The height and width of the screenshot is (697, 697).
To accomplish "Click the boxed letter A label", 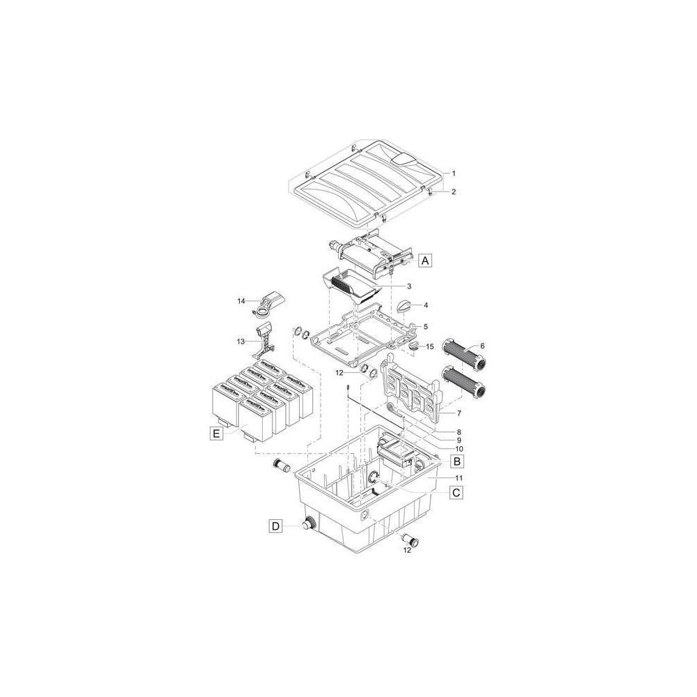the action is (x=425, y=260).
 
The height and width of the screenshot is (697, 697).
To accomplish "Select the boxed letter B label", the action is (x=457, y=461).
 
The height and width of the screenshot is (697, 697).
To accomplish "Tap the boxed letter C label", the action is (x=456, y=493).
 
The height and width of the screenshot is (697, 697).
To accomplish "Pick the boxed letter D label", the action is (x=276, y=526).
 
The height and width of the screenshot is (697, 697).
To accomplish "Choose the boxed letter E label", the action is (x=216, y=433).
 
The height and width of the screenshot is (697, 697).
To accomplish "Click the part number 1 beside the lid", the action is (x=454, y=174).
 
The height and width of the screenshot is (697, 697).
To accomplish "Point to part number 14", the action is (x=241, y=301).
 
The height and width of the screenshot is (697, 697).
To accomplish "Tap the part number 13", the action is (x=241, y=342).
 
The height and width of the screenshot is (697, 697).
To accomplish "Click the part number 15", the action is (x=429, y=346).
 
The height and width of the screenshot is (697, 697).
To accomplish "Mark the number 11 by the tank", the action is (x=459, y=478).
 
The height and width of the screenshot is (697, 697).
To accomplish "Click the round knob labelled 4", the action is (x=405, y=306).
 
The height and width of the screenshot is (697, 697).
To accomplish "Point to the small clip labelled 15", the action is (x=413, y=346).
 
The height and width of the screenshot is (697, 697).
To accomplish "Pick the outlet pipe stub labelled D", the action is (x=309, y=525).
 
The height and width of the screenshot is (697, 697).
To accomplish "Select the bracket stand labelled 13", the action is (x=263, y=341).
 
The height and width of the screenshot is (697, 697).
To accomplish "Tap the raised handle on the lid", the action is (x=402, y=160).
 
